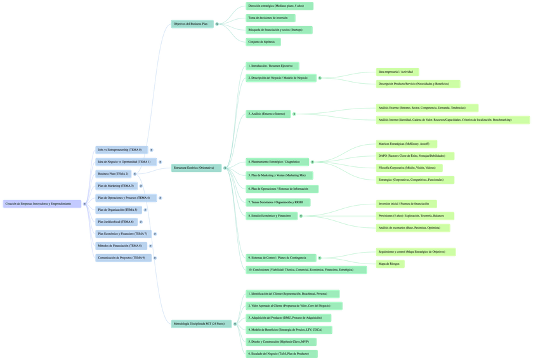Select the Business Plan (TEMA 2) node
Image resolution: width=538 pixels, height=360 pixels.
(114, 173)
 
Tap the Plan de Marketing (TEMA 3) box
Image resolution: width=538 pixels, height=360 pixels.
(116, 185)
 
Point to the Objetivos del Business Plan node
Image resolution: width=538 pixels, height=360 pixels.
(191, 24)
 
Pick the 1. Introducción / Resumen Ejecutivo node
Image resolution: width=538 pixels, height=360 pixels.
(272, 65)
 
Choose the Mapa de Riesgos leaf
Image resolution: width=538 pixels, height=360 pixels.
(390, 263)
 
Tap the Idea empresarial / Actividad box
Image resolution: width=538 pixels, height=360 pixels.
(397, 72)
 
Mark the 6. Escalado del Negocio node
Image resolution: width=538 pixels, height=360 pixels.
(281, 354)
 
